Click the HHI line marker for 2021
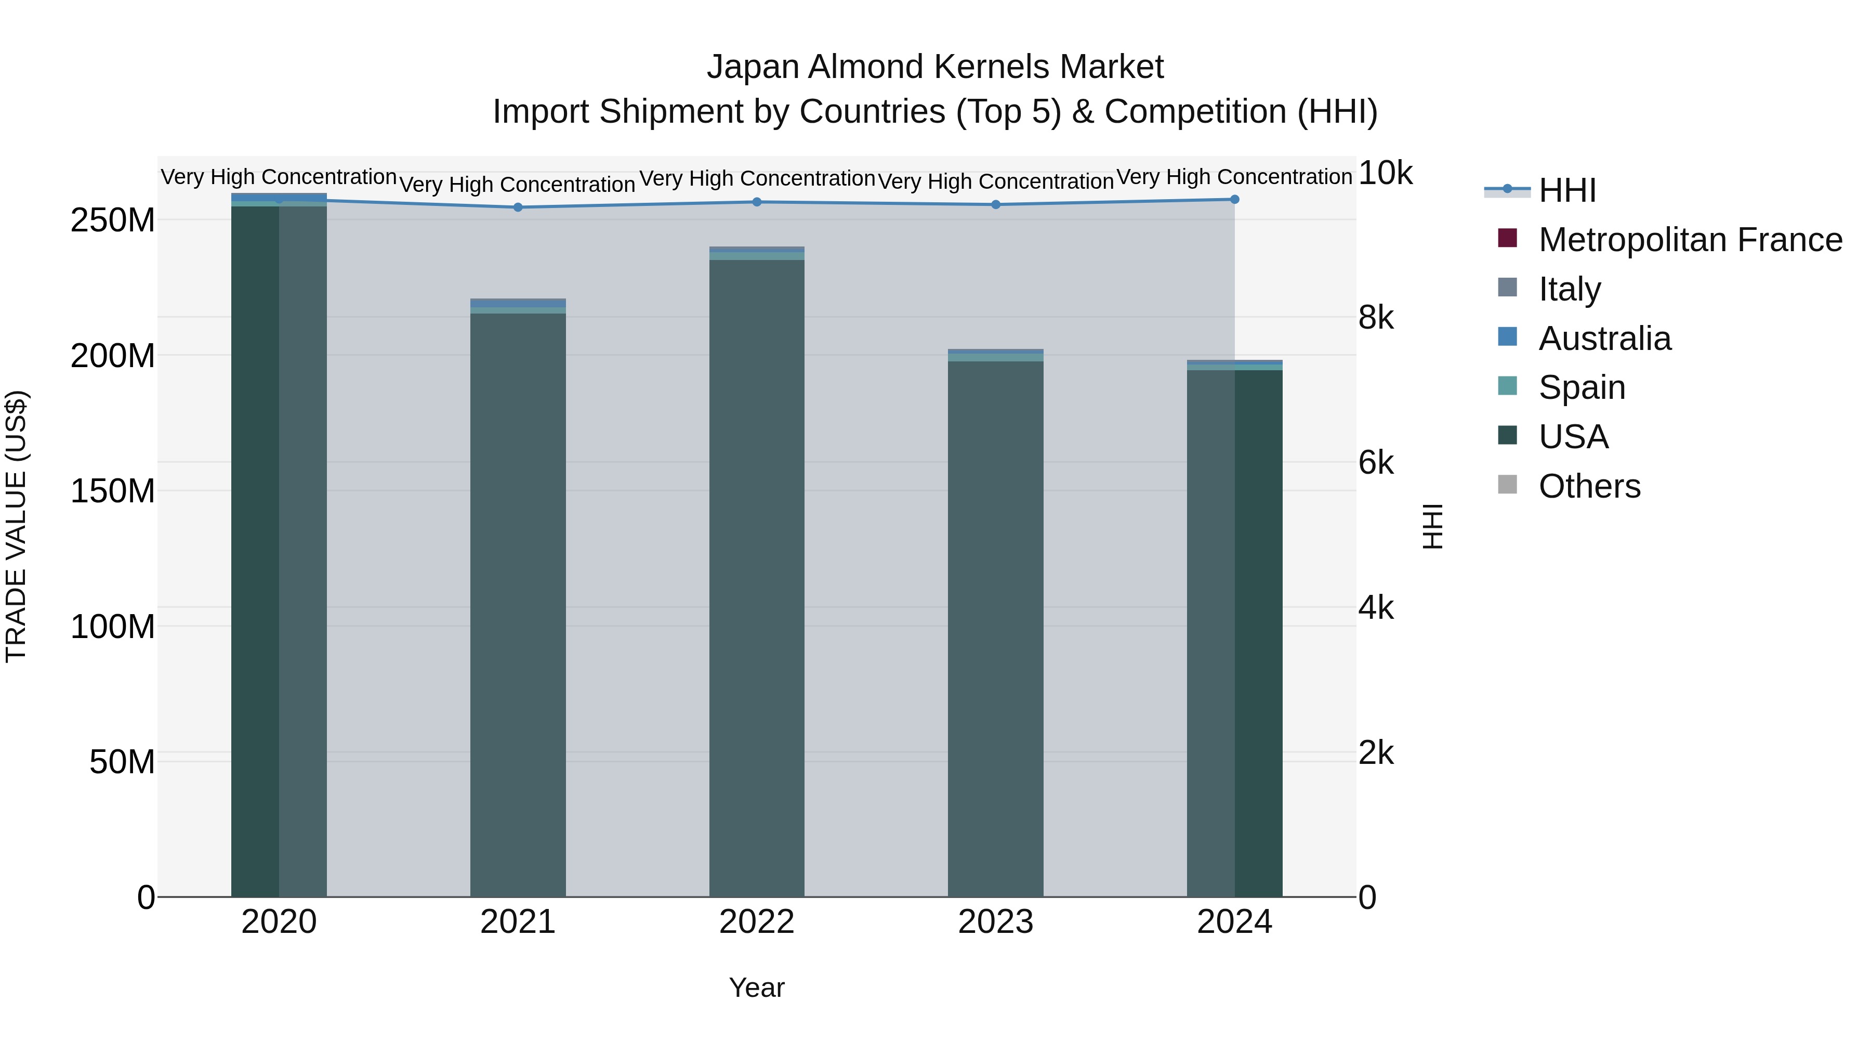[518, 207]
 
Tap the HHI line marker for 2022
[757, 202]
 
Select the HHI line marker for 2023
[996, 205]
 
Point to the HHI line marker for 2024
[1235, 199]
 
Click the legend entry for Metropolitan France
[1690, 240]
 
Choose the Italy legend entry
[1569, 289]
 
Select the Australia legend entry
[1604, 339]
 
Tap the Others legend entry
[1589, 486]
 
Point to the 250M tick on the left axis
[113, 220]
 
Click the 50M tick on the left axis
[122, 762]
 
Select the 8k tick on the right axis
[1376, 318]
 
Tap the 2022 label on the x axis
[757, 922]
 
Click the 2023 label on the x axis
[996, 922]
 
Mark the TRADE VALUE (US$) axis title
[16, 526]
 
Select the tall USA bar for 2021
[518, 603]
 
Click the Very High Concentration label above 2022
[757, 179]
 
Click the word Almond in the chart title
[855, 67]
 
